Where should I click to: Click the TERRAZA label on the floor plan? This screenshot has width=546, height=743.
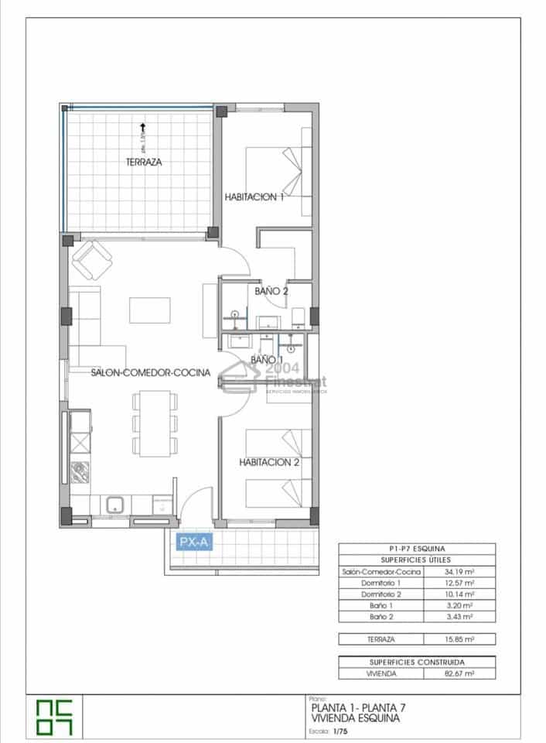click(x=144, y=163)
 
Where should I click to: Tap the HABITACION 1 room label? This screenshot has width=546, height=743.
click(x=254, y=197)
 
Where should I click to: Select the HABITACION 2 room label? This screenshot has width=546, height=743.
click(x=269, y=463)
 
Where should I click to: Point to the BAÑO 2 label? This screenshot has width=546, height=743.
click(x=271, y=292)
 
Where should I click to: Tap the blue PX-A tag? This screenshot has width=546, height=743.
click(x=193, y=543)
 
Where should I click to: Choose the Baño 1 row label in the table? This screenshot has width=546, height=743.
click(x=381, y=605)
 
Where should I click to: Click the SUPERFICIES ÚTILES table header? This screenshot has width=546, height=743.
click(x=417, y=560)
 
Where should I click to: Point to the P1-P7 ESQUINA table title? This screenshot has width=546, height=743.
click(x=417, y=548)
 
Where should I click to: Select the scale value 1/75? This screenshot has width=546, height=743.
click(x=340, y=730)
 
